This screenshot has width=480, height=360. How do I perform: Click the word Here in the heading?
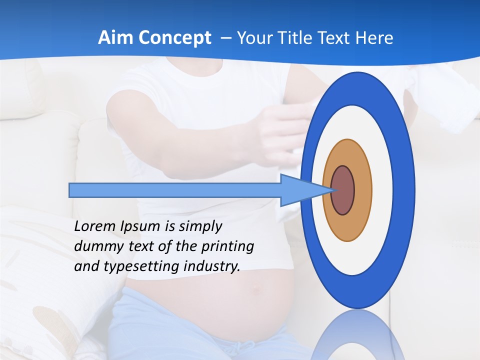(x=374, y=38)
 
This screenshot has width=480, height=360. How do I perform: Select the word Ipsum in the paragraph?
(x=140, y=226)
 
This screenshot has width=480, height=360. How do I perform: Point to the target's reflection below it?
(x=357, y=337)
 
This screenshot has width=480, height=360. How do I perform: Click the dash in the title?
(x=226, y=38)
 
